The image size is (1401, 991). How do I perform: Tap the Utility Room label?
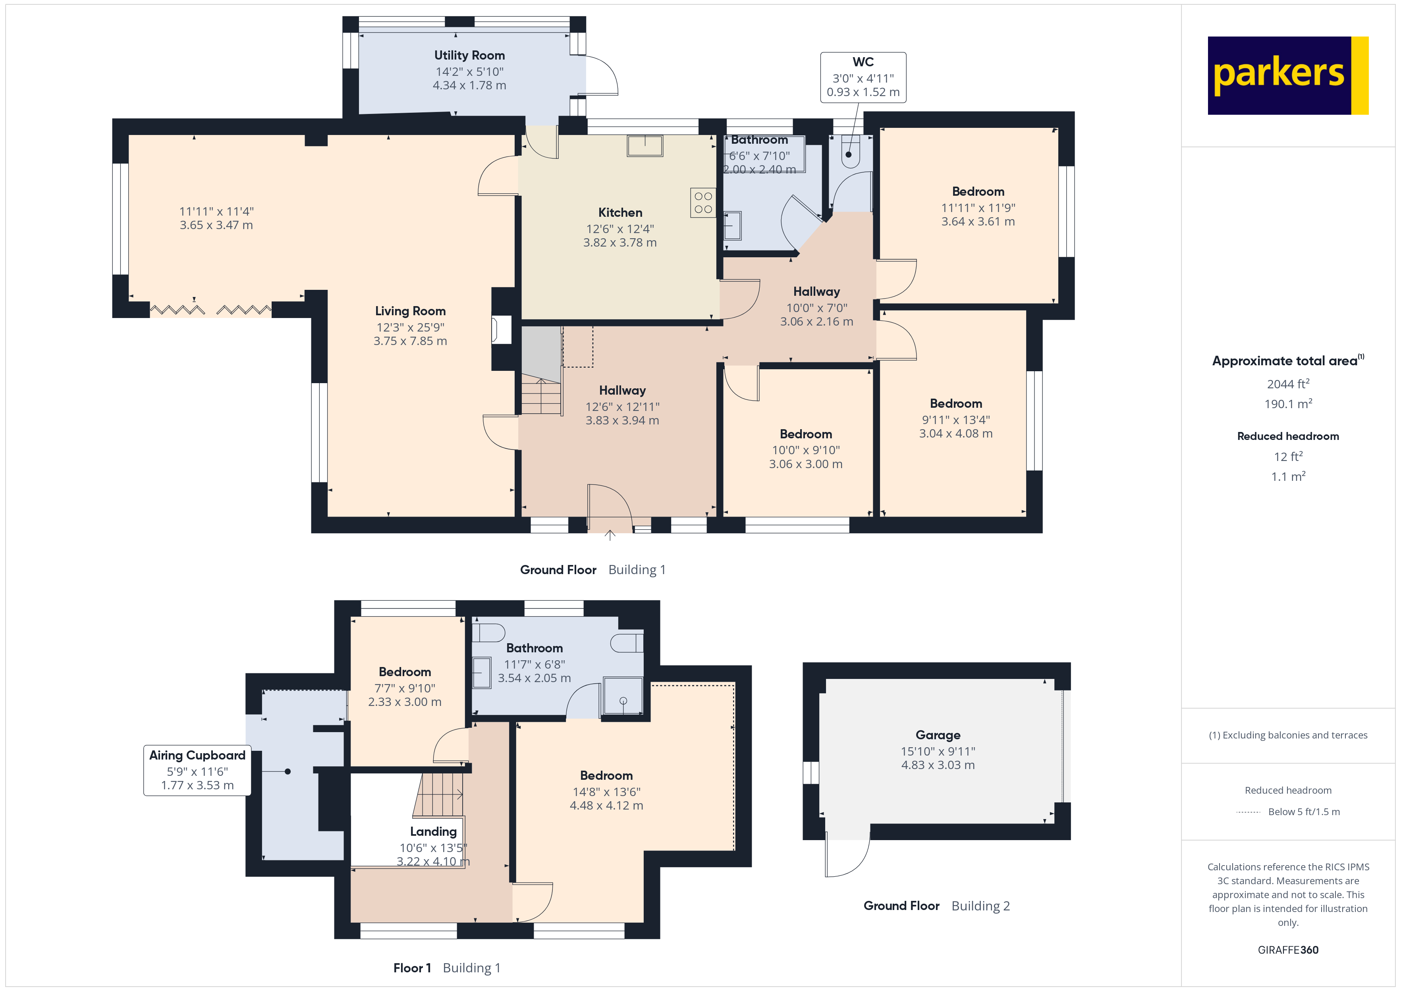[x=469, y=56]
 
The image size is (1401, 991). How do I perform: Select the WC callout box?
[x=863, y=77]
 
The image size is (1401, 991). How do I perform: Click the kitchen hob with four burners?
[x=703, y=202]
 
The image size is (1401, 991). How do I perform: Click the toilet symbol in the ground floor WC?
[x=849, y=152]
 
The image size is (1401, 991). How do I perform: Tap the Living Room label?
[x=410, y=311]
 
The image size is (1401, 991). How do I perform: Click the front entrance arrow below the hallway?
[x=610, y=535]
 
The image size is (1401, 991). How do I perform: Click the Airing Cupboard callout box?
[x=197, y=770]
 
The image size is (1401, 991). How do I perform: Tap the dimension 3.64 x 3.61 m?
[x=978, y=222]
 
